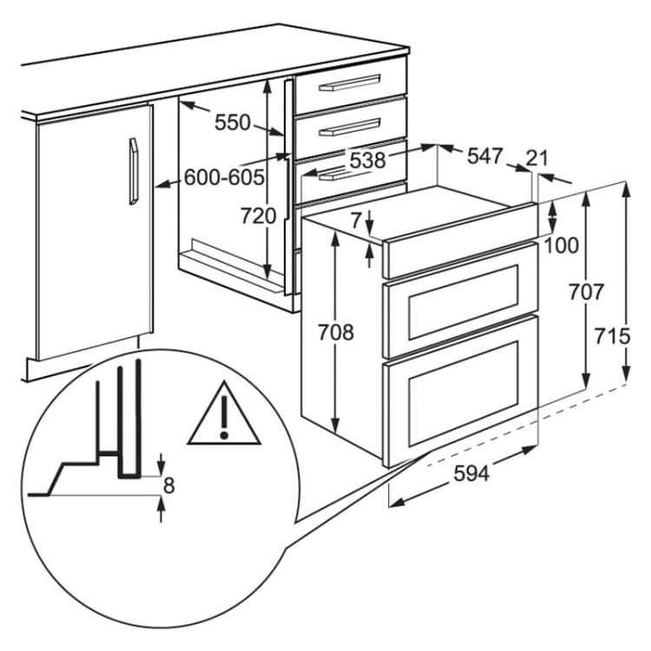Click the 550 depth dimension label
[233, 123]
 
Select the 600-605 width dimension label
[224, 177]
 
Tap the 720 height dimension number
[259, 216]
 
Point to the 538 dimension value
[368, 161]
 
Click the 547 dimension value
[485, 156]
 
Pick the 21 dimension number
[537, 159]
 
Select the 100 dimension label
[562, 246]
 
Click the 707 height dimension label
[586, 293]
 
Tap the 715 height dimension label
[613, 336]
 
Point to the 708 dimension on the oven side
[336, 332]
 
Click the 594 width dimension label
[471, 473]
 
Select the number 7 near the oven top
[354, 220]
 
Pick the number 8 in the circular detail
[169, 485]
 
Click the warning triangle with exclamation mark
[224, 414]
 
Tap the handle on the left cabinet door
[134, 171]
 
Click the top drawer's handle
[350, 82]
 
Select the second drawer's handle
[350, 127]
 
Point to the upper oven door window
[464, 302]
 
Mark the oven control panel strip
[461, 240]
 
